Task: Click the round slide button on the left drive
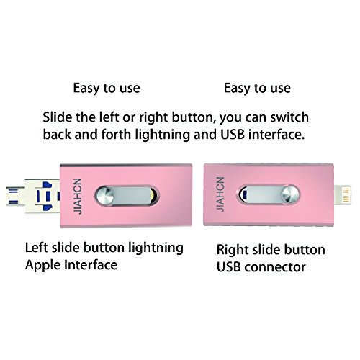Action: click(x=104, y=196)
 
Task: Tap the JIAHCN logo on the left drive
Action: click(x=78, y=196)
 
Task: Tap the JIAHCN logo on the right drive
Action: click(x=220, y=194)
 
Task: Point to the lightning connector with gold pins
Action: click(x=343, y=194)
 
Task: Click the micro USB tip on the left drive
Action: click(x=15, y=197)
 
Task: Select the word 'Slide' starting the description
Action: click(x=58, y=117)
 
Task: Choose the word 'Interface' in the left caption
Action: click(x=91, y=265)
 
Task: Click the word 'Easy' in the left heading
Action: click(x=86, y=89)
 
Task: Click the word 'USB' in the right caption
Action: click(x=229, y=267)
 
